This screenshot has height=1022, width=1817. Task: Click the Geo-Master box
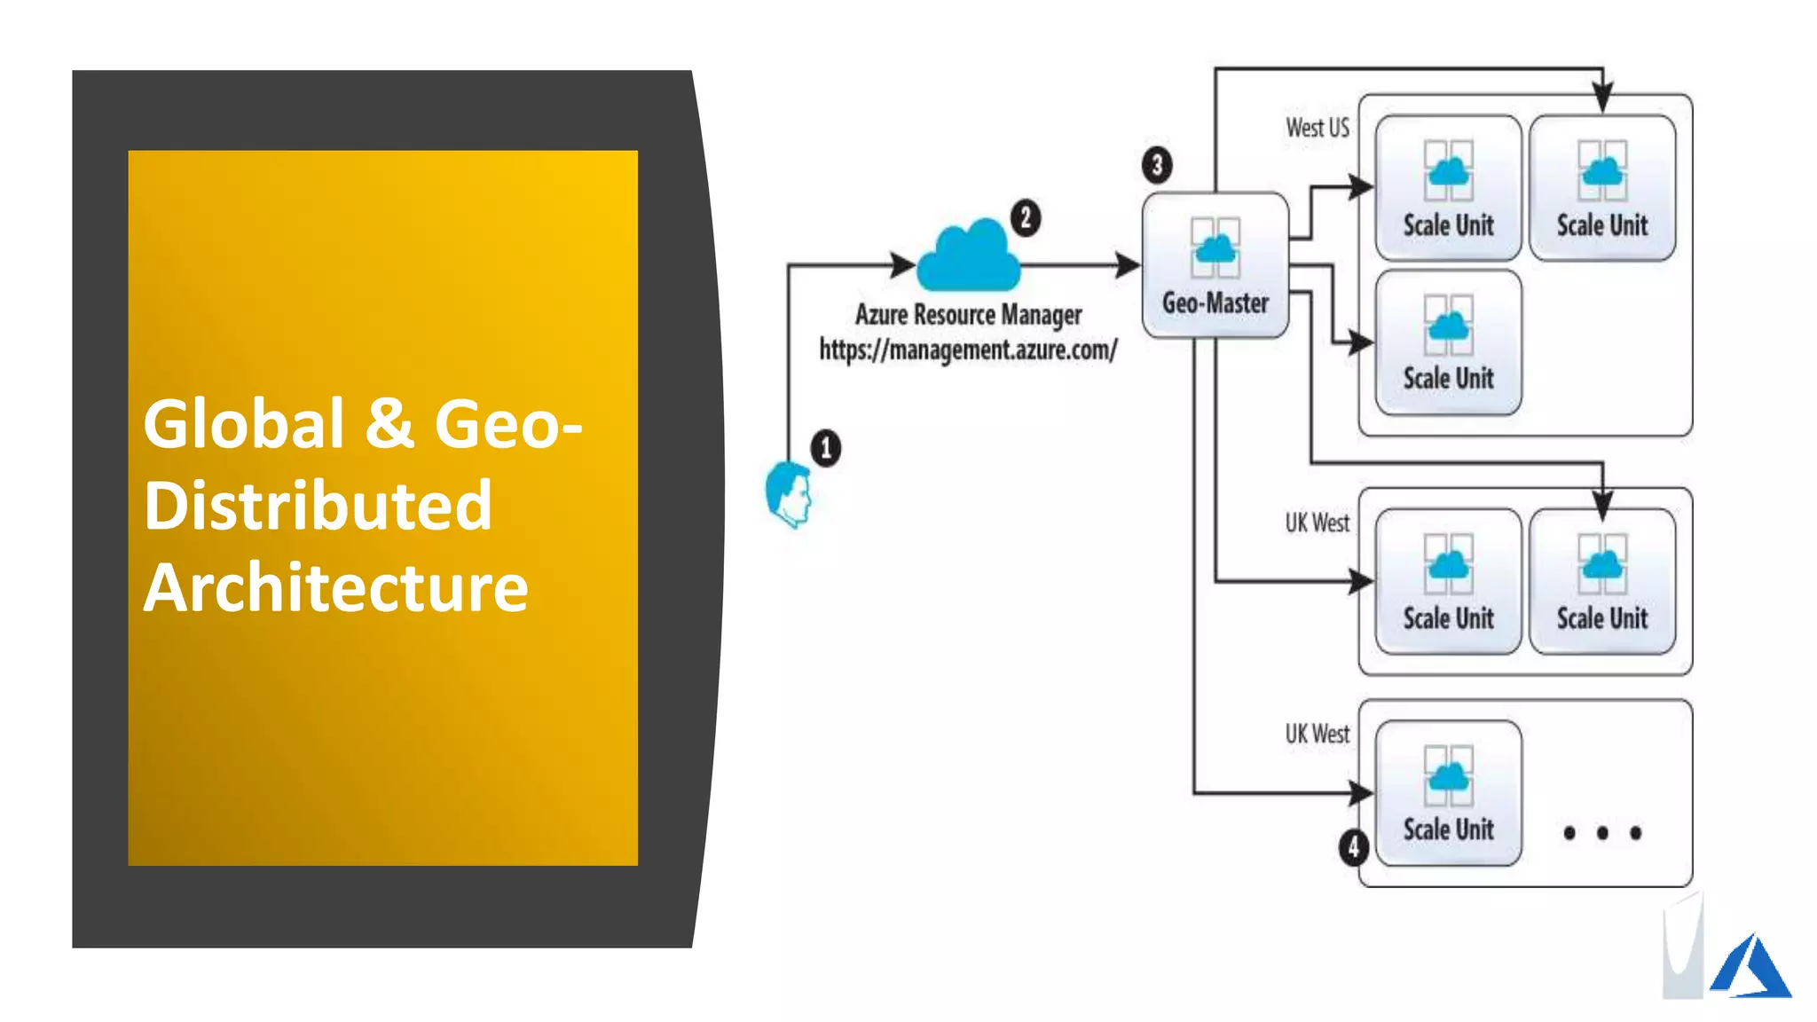coord(1215,265)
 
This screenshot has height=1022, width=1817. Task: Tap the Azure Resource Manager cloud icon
coord(968,258)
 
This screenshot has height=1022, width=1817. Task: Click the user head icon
coord(789,494)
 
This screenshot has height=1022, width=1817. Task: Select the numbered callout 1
coord(826,448)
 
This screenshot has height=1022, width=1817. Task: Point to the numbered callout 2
coord(1026,217)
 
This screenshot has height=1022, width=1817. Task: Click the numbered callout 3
coord(1157,165)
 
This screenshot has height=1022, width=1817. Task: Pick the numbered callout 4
coord(1353,847)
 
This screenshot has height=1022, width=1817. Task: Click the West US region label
coord(1318,129)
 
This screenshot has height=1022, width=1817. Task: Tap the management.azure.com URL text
coord(968,350)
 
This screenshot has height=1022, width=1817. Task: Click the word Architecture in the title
coord(335,588)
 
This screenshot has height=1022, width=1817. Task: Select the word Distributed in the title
coord(318,506)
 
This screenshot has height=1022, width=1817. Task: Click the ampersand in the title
coord(389,423)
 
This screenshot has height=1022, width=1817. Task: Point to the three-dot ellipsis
coord(1602,832)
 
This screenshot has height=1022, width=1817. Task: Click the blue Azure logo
coord(1751,966)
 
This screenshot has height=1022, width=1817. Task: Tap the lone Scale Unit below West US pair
coord(1448,342)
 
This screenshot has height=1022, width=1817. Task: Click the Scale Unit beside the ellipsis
coord(1448,793)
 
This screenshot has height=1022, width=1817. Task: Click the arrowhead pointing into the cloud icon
coord(903,264)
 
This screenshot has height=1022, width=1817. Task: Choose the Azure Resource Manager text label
coord(968,315)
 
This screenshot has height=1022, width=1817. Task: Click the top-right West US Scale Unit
coord(1601,187)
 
